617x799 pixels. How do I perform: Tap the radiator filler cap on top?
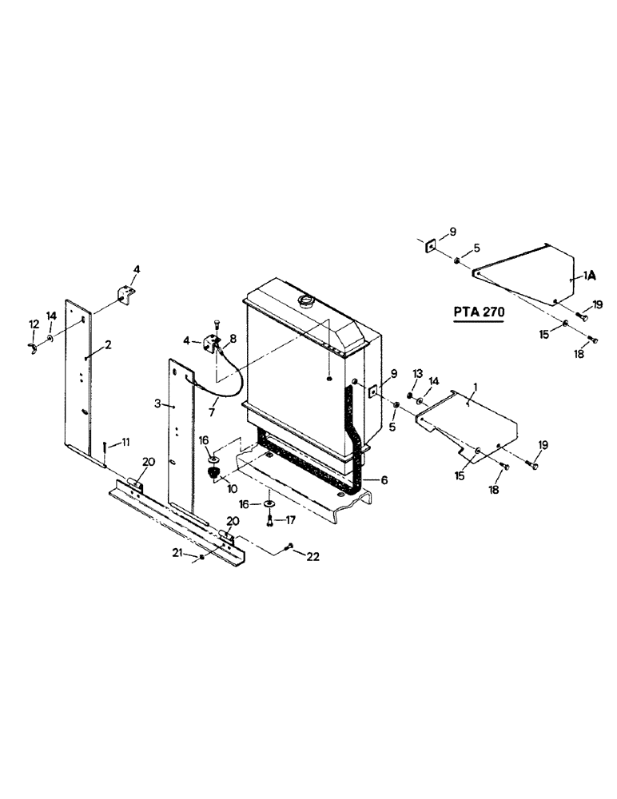coord(305,300)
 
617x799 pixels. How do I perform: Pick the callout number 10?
coord(233,487)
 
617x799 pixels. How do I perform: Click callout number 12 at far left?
coord(34,324)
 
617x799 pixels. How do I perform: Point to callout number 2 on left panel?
coord(108,344)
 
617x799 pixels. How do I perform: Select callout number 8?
coord(233,338)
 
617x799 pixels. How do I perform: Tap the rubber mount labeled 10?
coord(214,474)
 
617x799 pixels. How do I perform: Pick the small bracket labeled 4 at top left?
coord(125,295)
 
